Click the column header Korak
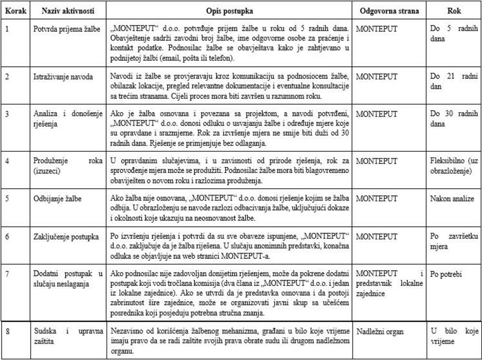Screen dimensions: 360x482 coord(16,10)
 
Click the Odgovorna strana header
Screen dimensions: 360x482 coord(389,10)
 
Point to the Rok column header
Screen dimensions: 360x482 coord(454,10)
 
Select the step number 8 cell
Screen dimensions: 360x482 coord(7,332)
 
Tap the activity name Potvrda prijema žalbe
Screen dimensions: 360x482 coord(67,29)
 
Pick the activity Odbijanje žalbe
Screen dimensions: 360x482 coord(57,199)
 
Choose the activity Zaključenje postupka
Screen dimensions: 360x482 coord(66,237)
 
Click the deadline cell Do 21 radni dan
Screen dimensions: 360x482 coord(454,80)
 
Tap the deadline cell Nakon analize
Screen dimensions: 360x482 coord(453,199)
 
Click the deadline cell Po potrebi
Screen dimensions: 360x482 coord(446,275)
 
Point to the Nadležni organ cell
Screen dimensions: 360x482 coord(380,332)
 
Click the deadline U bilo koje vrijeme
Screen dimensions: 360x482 coord(454,336)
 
